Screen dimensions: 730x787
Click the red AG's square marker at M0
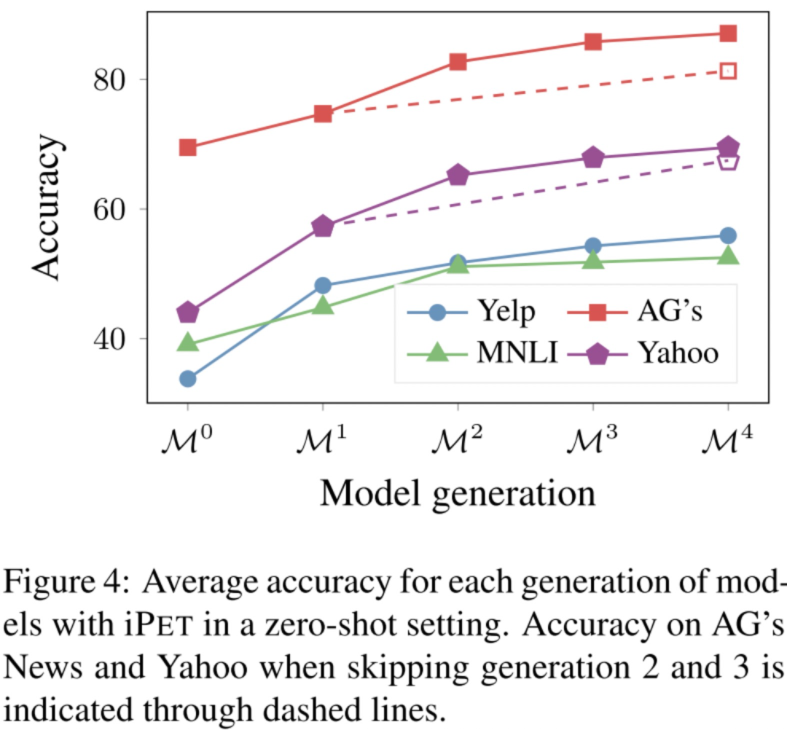pos(187,148)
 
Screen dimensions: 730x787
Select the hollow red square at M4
pos(728,71)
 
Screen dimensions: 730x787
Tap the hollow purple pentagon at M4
pos(728,161)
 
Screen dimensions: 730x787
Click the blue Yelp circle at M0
pos(187,379)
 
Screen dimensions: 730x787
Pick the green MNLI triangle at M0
pos(187,342)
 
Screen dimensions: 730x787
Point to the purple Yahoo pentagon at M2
pos(458,175)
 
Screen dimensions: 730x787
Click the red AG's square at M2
pos(458,62)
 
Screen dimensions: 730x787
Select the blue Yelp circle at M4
pos(728,235)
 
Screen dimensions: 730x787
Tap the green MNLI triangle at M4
pos(728,256)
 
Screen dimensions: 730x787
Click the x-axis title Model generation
pos(458,494)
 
